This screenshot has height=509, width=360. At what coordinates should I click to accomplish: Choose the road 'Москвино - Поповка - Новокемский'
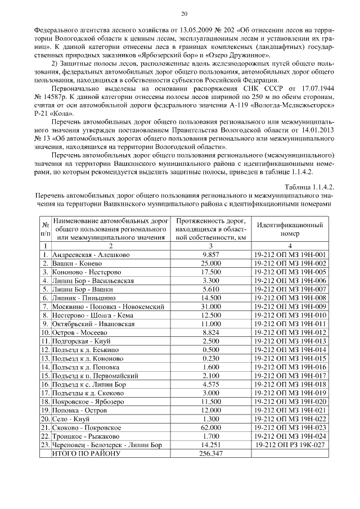coord(107,307)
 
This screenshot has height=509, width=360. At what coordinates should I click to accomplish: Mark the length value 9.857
coord(209,255)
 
